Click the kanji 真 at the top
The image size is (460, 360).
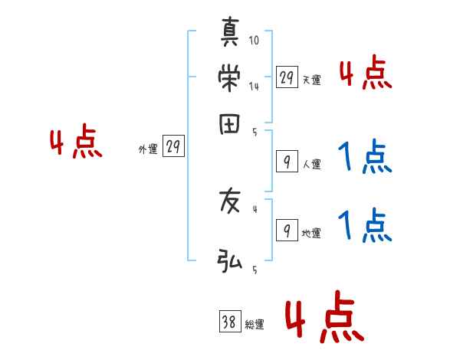[x=230, y=34]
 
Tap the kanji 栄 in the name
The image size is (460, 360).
[x=230, y=77]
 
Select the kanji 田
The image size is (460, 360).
[x=230, y=123]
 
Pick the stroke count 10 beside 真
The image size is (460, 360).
[x=255, y=40]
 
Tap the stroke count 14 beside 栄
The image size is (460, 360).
[x=254, y=87]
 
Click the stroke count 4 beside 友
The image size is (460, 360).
[x=255, y=208]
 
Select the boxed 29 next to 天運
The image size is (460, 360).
[x=286, y=77]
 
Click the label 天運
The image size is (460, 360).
[x=311, y=80]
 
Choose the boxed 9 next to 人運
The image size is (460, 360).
[x=286, y=161]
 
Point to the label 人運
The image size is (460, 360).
[x=311, y=164]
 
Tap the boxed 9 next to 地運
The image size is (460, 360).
[x=286, y=230]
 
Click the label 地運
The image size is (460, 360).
[x=311, y=234]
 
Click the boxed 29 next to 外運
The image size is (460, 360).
[x=173, y=147]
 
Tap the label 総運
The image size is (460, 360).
[x=255, y=325]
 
